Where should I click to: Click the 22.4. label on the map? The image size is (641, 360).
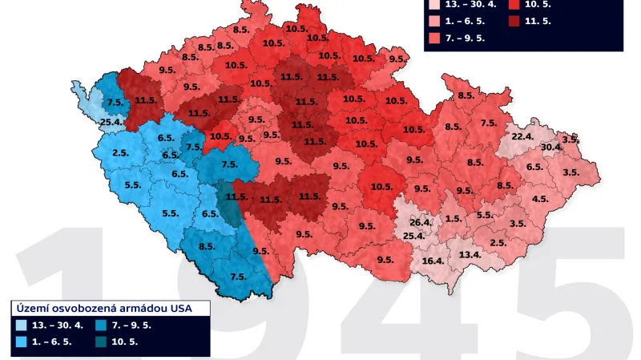[x=522, y=136]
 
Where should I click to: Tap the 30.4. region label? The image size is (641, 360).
[x=550, y=148]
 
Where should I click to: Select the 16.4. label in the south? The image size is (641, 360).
[x=433, y=261]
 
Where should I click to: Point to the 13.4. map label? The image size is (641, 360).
[x=470, y=254]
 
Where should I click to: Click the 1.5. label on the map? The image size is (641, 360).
[x=453, y=219]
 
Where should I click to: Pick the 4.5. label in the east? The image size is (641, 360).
[x=540, y=199]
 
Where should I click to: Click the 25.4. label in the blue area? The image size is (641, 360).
[x=111, y=122]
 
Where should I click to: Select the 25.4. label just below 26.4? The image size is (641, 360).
[x=413, y=236]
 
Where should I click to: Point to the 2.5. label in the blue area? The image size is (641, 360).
[x=121, y=153]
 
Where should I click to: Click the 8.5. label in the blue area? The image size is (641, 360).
[x=206, y=247]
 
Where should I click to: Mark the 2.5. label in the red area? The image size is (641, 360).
[x=498, y=243]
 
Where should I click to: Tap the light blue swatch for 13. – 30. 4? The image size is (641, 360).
[x=21, y=326]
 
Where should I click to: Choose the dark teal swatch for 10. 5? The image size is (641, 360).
[x=101, y=342]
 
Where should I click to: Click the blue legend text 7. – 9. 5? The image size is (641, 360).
[x=131, y=326]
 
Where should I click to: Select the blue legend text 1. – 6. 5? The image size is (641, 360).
[x=51, y=342]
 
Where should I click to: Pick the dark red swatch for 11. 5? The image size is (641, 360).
[x=513, y=20]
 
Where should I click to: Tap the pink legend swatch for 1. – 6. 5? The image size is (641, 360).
[x=433, y=20]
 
